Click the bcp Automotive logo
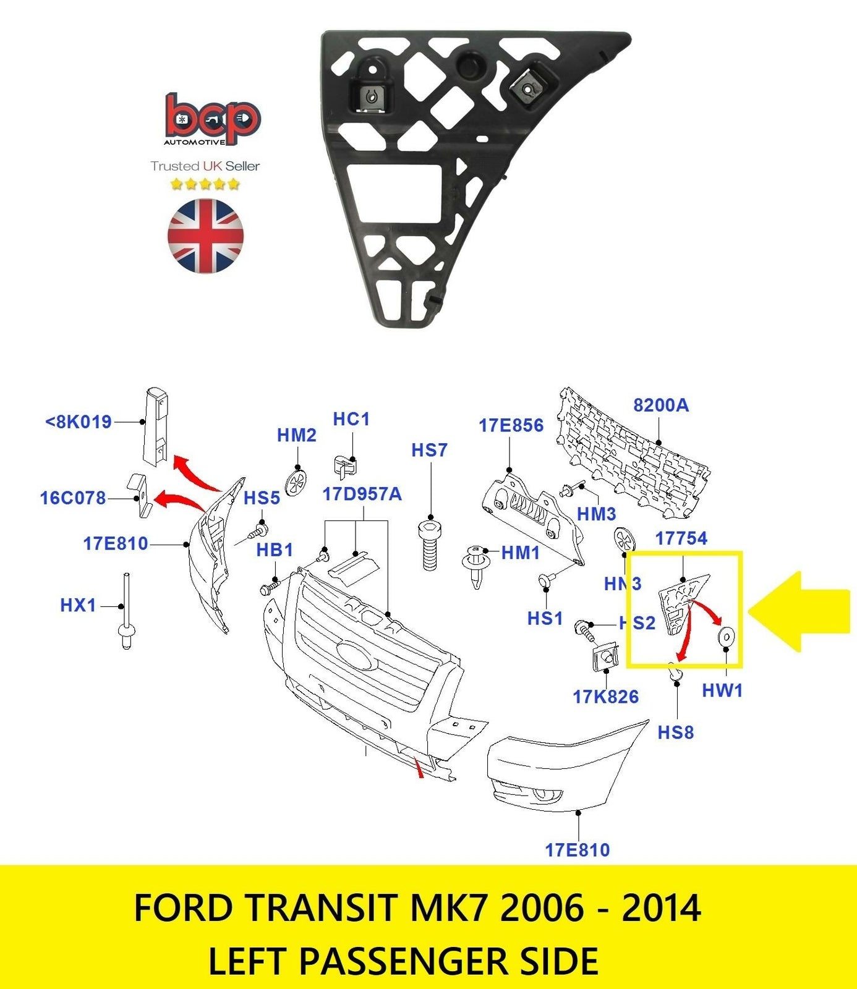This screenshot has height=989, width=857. coord(212,120)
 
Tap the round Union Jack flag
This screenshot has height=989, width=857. coord(205,236)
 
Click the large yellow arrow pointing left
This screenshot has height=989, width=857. coord(799,611)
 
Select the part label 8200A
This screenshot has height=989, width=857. coord(660,405)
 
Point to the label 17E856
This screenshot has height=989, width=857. coord(511,425)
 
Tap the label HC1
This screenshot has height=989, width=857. coord(351,419)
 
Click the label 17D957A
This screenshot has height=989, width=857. coord(362,494)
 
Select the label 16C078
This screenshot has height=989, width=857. coord(73,498)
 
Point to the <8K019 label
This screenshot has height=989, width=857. coord(79,422)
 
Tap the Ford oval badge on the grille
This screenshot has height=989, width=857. coord(356,655)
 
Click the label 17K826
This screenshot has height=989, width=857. coord(605,697)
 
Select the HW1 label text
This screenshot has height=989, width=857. coord(722,690)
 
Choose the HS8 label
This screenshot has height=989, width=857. coord(675,732)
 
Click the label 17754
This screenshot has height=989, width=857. coord(681,538)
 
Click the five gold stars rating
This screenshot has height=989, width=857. coord(205,184)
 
